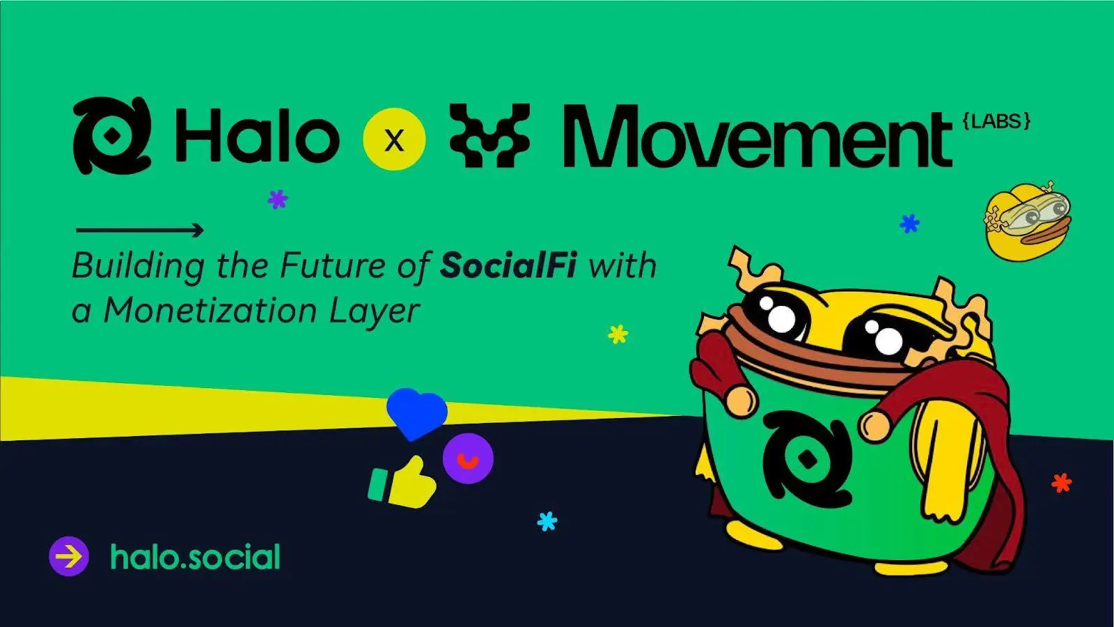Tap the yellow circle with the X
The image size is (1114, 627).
[x=394, y=140]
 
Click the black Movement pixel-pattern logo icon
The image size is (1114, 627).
[x=489, y=135]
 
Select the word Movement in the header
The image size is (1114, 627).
[x=758, y=137]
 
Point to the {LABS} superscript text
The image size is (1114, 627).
[x=996, y=121]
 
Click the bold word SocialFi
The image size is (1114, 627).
[x=508, y=265]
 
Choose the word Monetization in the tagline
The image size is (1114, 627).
[x=210, y=311]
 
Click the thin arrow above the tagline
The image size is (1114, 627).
[x=140, y=231]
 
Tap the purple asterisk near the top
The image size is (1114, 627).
[x=278, y=199]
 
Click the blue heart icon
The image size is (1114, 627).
[x=417, y=412]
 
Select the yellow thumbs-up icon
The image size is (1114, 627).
[x=403, y=482]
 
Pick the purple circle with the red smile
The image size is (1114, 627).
[x=468, y=458]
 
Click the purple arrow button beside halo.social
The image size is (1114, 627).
[x=69, y=557]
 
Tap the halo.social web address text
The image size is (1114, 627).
[x=195, y=557]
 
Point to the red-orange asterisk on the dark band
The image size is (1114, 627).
[x=1062, y=483]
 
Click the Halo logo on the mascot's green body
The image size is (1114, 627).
[x=807, y=459]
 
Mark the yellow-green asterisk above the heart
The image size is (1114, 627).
[x=618, y=334]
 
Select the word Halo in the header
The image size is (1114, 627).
[x=256, y=136]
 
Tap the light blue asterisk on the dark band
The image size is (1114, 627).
[x=547, y=521]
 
